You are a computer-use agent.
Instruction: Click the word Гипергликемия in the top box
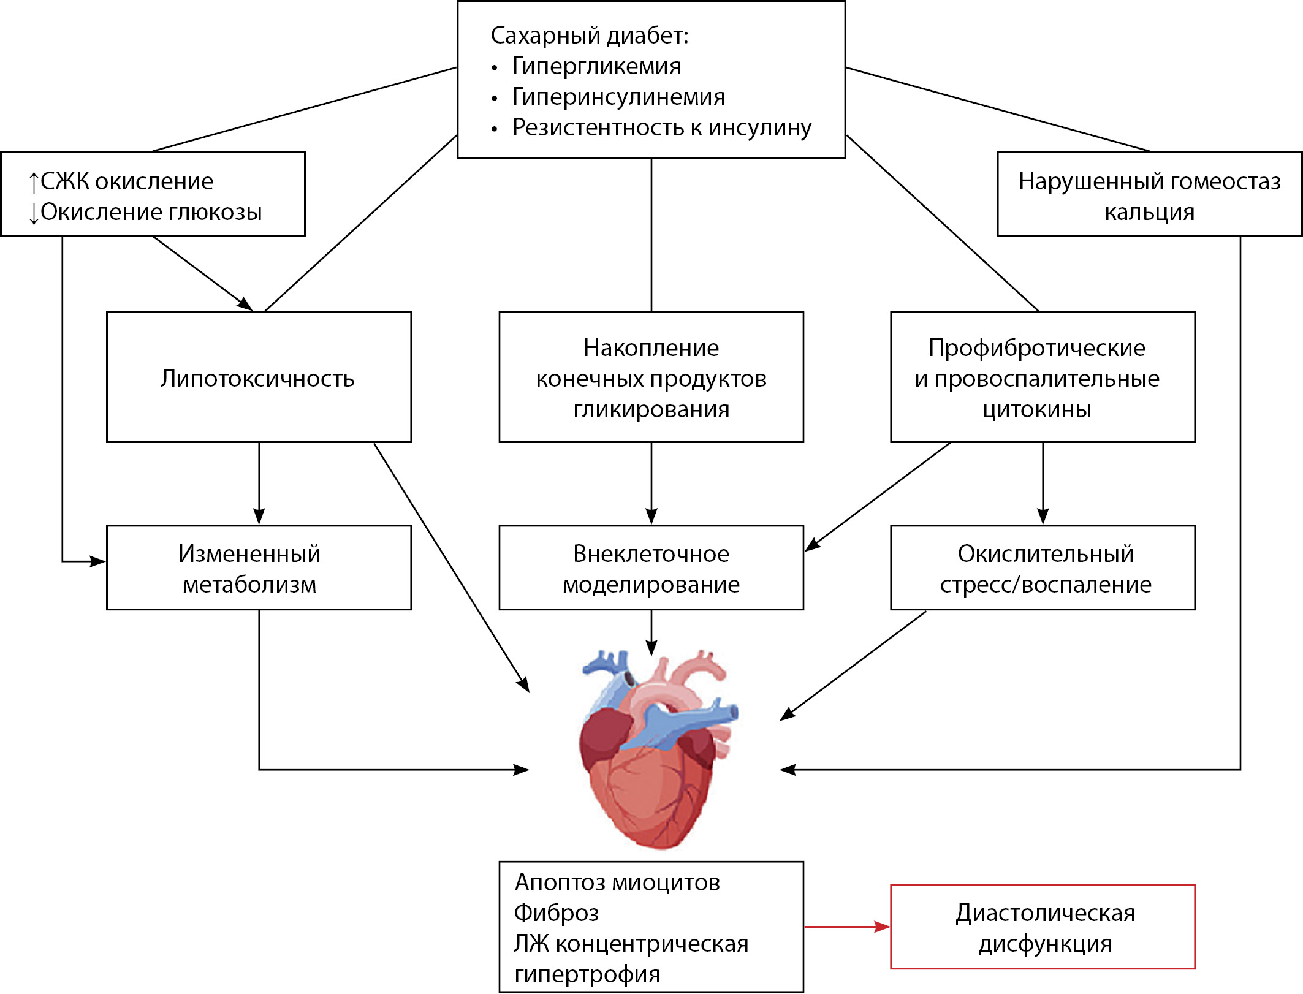[x=596, y=66]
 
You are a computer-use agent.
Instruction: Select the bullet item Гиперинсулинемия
[x=618, y=97]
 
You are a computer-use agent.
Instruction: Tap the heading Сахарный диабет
[x=589, y=36]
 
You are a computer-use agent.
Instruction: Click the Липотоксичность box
[x=258, y=377]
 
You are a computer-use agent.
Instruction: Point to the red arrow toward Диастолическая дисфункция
[x=846, y=927]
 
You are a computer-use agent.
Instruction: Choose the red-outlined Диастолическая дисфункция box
[x=1042, y=927]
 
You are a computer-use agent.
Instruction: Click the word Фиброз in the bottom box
[x=556, y=913]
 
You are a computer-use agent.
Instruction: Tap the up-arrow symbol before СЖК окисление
[x=34, y=182]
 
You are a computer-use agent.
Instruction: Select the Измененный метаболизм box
[x=258, y=568]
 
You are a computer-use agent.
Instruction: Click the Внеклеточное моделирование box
[x=651, y=568]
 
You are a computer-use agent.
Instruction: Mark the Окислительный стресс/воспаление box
[x=1042, y=568]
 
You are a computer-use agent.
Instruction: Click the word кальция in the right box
[x=1149, y=213]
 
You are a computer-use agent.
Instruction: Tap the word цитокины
[x=1036, y=409]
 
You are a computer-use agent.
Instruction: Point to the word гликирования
[x=651, y=409]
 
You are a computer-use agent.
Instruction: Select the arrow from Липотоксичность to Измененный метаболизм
[x=259, y=484]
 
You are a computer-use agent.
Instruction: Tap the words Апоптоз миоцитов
[x=617, y=882]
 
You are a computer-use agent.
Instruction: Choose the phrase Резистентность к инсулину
[x=661, y=127]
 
